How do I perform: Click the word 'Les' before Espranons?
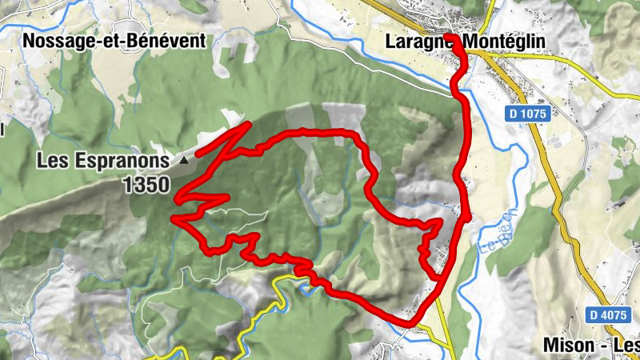coord(52,161)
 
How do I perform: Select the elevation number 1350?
coord(146,186)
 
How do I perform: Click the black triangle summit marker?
coord(185,160)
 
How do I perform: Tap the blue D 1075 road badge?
coord(526,114)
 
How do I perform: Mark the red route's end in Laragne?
coord(450,38)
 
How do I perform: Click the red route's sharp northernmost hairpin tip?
coord(250,124)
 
